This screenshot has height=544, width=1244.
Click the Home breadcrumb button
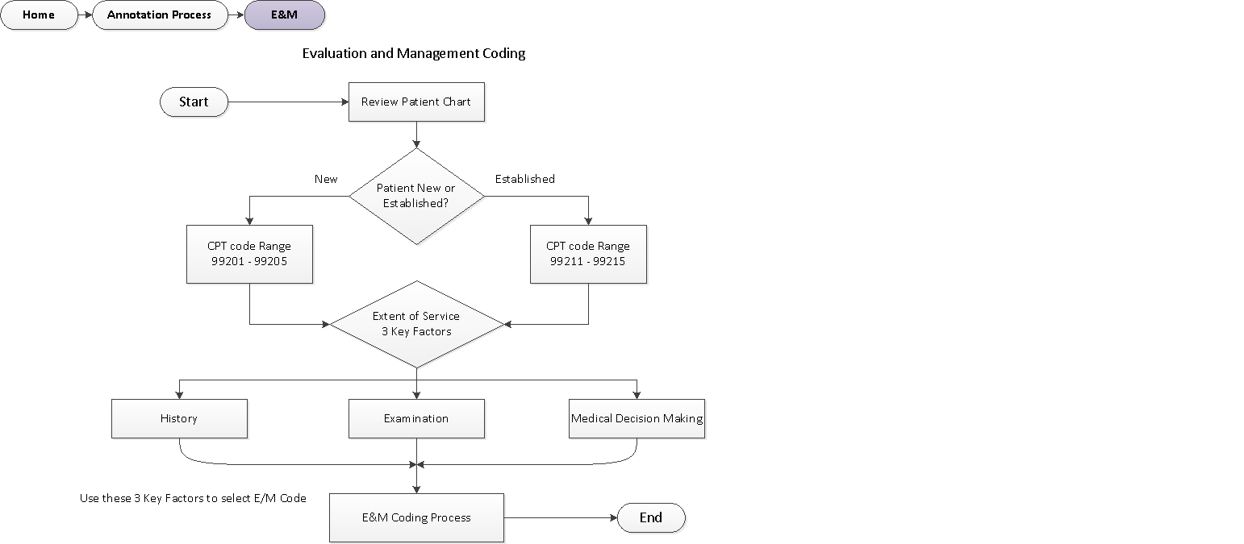(39, 15)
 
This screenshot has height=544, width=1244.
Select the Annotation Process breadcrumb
(160, 15)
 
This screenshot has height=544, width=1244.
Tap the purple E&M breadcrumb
(284, 15)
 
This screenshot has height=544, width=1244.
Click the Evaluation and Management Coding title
(413, 53)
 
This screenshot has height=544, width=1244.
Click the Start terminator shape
(194, 102)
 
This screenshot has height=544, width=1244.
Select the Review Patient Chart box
(416, 102)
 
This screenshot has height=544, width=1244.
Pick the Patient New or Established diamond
(416, 196)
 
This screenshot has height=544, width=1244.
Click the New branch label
(326, 179)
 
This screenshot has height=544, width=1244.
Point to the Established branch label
(524, 179)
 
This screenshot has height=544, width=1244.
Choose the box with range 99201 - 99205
(249, 254)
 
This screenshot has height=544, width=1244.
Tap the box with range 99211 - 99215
(588, 254)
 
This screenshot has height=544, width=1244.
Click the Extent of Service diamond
(416, 323)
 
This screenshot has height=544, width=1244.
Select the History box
(179, 418)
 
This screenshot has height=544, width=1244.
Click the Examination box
(416, 418)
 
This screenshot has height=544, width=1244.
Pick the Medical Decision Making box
(637, 418)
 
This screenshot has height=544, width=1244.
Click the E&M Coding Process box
(416, 517)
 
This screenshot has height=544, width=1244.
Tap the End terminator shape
(651, 517)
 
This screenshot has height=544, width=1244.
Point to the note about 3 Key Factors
(193, 498)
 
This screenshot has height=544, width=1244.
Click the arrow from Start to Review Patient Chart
(288, 102)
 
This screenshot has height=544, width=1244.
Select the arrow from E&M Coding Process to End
(561, 517)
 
